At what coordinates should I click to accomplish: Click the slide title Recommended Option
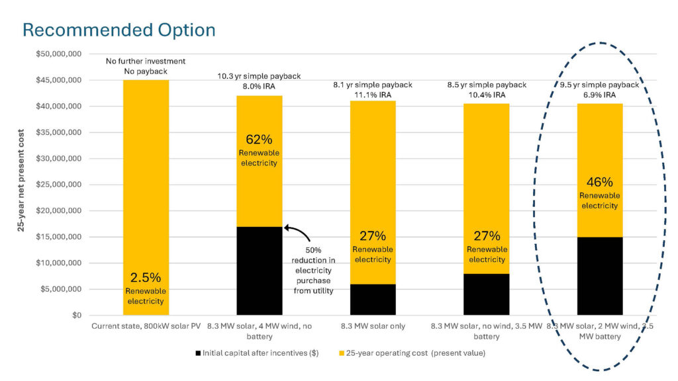119,30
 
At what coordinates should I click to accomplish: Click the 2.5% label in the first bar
146,278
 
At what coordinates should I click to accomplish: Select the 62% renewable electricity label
259,140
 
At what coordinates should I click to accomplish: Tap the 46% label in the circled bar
599,182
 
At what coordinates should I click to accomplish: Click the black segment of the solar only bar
372,300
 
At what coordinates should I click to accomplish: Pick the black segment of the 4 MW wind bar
259,271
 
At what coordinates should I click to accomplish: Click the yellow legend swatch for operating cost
342,353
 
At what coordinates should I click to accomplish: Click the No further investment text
146,62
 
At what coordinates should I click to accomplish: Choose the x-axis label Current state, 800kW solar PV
146,326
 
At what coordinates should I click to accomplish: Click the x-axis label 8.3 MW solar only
372,326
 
